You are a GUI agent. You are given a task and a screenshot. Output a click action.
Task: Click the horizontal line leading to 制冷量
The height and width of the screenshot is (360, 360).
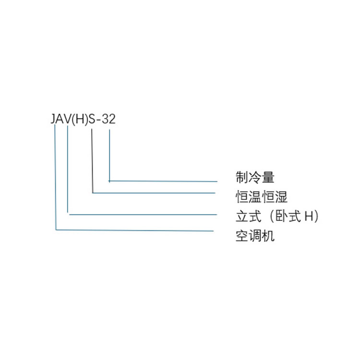coord(163,181)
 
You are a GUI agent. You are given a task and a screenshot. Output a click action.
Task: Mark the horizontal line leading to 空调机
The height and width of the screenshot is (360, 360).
coord(134,230)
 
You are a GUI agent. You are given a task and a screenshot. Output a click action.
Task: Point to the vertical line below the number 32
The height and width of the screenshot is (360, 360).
coord(110,156)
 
